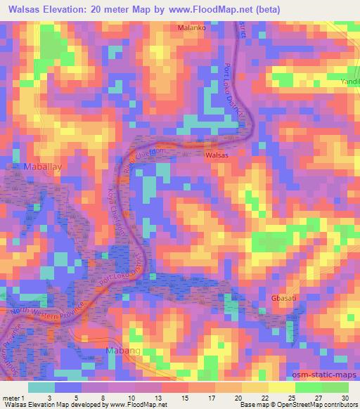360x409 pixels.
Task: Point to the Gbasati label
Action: coord(283,298)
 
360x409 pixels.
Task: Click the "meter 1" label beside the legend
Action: coord(13,398)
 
